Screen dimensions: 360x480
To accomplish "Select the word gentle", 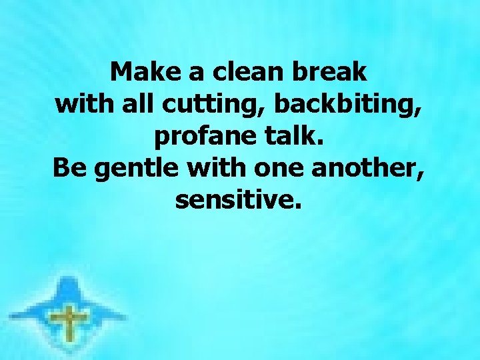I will click(x=137, y=169).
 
